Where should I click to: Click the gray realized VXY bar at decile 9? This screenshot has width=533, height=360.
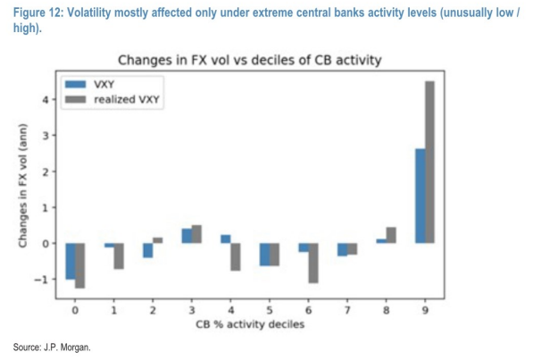pyautogui.click(x=429, y=163)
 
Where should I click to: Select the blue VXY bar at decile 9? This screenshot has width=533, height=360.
pyautogui.click(x=421, y=196)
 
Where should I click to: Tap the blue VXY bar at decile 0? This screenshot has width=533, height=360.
pyautogui.click(x=71, y=261)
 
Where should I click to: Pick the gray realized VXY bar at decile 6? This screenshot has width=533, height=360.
pyautogui.click(x=313, y=263)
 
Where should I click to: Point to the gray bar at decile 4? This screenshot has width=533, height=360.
pyautogui.click(x=236, y=257)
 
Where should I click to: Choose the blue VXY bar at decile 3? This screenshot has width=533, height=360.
pyautogui.click(x=187, y=236)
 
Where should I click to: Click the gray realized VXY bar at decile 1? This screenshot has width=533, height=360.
pyautogui.click(x=119, y=256)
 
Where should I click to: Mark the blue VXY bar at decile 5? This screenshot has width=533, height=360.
pyautogui.click(x=265, y=255)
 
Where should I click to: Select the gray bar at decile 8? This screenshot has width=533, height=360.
pyautogui.click(x=391, y=235)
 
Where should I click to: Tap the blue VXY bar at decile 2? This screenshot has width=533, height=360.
pyautogui.click(x=148, y=250)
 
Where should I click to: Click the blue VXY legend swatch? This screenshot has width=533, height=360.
pyautogui.click(x=76, y=84)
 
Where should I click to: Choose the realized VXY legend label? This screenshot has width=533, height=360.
pyautogui.click(x=127, y=99)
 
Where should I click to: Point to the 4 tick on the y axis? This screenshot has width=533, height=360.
pyautogui.click(x=46, y=100)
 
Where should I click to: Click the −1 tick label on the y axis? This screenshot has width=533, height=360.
pyautogui.click(x=41, y=280)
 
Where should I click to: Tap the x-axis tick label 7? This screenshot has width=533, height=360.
pyautogui.click(x=347, y=310)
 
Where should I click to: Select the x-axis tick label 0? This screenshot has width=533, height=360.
pyautogui.click(x=75, y=310)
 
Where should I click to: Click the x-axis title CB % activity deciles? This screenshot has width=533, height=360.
pyautogui.click(x=250, y=324)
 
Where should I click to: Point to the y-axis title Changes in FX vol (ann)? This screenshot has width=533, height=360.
pyautogui.click(x=22, y=186)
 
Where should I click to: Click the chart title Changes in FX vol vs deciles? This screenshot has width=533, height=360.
pyautogui.click(x=250, y=60)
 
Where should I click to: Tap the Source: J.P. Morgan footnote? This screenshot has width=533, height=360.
pyautogui.click(x=52, y=347)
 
